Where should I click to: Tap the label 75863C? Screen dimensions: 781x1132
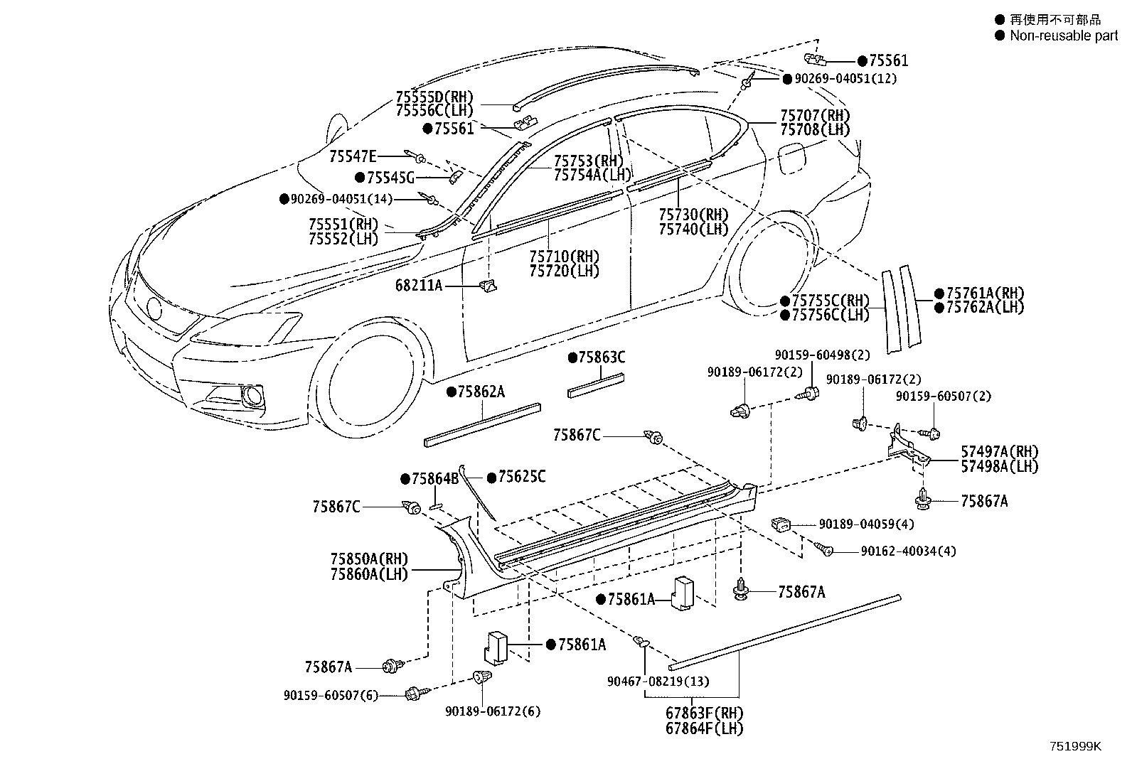tap(601, 357)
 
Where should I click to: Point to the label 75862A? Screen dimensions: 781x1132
tap(481, 392)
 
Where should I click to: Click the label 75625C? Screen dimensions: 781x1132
tap(521, 476)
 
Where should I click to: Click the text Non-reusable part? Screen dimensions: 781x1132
tap(1063, 36)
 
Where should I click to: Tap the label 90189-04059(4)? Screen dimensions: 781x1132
tap(866, 524)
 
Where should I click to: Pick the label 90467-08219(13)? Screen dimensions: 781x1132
tap(658, 682)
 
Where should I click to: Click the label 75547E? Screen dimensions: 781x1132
tap(353, 156)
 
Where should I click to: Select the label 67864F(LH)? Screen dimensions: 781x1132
tap(704, 728)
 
